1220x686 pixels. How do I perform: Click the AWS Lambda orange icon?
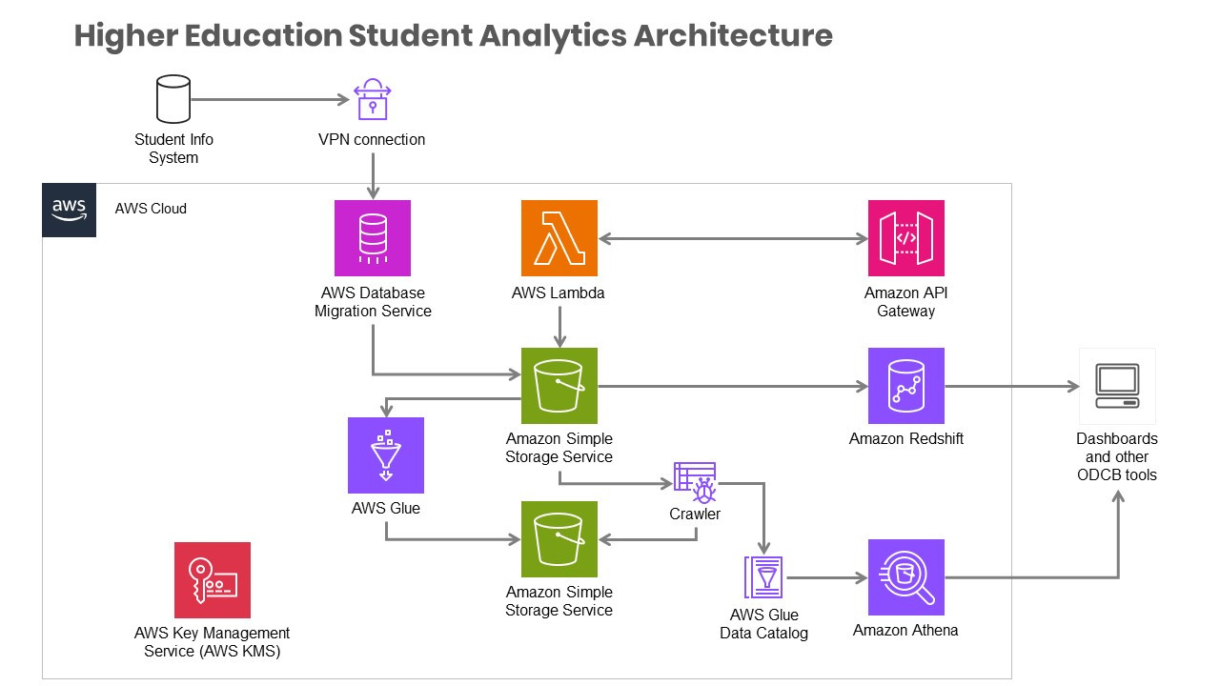coord(559,238)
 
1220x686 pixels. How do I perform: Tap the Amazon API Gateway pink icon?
coord(905,238)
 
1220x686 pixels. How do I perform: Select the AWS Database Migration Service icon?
coord(373,238)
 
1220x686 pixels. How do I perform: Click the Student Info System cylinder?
coord(173,100)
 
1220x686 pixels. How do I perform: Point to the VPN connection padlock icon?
coord(372,99)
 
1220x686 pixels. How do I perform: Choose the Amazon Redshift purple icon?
coord(905,386)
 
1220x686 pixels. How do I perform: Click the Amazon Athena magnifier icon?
coord(905,577)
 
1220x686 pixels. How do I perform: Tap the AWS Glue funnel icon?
coord(386,454)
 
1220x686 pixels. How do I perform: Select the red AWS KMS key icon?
coord(213,580)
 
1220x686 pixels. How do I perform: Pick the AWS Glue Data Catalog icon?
coord(763,577)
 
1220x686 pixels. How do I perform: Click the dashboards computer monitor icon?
coord(1117,386)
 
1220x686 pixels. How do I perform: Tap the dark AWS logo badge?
coord(70,210)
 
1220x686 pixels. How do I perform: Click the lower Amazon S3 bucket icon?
coord(559,539)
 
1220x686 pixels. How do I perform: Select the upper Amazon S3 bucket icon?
coord(559,386)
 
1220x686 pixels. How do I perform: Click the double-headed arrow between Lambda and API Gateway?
coord(732,238)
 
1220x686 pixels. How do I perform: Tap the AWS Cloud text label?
coord(151,208)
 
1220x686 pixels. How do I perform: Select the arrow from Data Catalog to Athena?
coord(825,577)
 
